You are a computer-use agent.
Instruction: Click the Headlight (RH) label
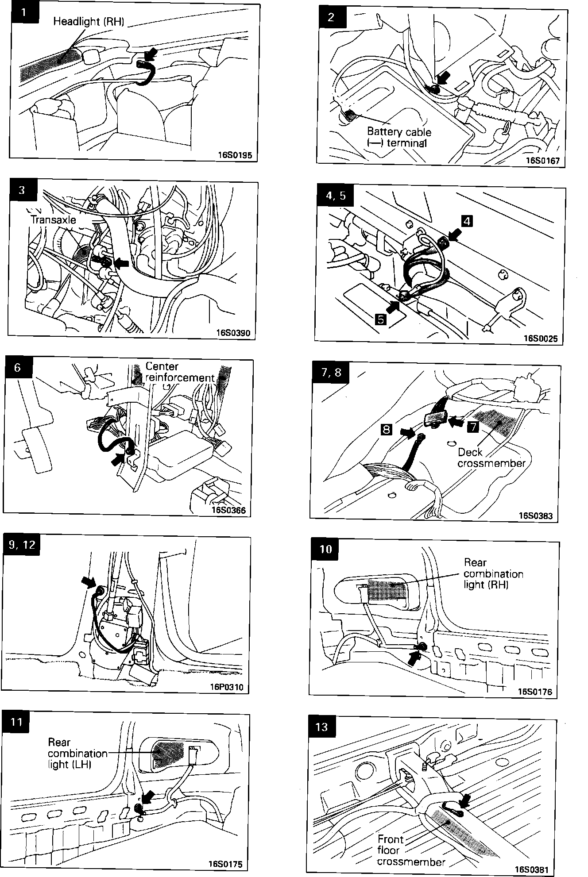(x=89, y=22)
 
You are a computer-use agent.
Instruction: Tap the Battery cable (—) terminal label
(x=398, y=137)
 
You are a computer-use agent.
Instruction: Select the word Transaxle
(x=53, y=220)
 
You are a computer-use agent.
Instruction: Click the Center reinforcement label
(x=179, y=372)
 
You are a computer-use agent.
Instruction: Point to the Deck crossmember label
(x=491, y=458)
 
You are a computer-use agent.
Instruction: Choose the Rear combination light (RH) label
(x=493, y=573)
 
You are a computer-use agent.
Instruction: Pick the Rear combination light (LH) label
(x=77, y=753)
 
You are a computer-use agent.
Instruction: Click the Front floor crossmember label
(x=410, y=850)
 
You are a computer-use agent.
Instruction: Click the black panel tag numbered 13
(x=322, y=727)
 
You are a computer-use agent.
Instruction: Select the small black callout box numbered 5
(x=380, y=319)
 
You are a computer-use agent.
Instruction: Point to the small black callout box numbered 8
(x=387, y=429)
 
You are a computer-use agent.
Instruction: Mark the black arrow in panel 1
(x=151, y=55)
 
